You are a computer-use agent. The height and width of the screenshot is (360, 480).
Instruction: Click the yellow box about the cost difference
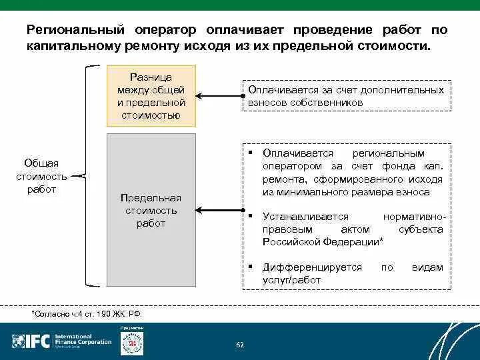pos(151,96)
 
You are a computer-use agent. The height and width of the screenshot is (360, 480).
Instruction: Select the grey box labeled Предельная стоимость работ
pos(151,210)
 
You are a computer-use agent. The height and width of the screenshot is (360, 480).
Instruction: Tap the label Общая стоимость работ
pos(42,176)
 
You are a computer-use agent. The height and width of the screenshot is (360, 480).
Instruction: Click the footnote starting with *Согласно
pos(87,313)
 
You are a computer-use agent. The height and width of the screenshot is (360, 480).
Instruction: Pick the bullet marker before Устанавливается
pos(249,215)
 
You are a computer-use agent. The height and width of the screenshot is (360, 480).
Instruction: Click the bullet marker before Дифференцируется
pos(249,265)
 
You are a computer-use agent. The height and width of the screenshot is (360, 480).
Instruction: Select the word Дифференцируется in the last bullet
pos(312,267)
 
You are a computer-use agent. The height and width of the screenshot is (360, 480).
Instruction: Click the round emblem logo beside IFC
pos(131,343)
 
